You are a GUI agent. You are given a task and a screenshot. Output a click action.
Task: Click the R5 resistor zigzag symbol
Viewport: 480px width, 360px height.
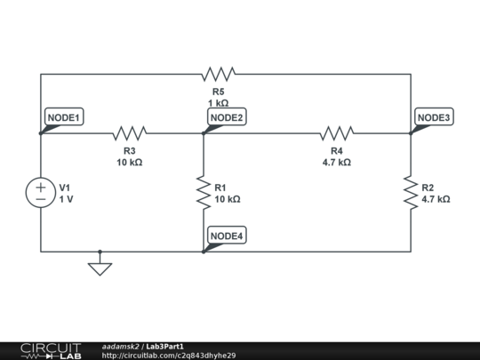tap(219, 74)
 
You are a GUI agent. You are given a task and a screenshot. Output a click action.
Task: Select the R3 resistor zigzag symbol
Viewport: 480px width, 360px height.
tap(130, 133)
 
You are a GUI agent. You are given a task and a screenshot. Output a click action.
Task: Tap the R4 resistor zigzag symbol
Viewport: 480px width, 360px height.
tap(337, 133)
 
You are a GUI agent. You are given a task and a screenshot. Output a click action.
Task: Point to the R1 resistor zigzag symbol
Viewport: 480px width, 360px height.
tap(204, 193)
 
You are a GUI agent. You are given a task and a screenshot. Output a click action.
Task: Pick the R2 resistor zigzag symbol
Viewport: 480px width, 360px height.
tap(411, 193)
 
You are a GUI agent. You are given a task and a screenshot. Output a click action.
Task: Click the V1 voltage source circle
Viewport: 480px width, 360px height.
tap(41, 193)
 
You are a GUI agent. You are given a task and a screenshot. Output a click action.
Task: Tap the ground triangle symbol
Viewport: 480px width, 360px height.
tap(100, 269)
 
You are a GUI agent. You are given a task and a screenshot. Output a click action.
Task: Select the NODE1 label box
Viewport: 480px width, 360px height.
tap(64, 116)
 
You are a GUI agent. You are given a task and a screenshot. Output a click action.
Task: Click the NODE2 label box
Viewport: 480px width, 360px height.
tap(227, 116)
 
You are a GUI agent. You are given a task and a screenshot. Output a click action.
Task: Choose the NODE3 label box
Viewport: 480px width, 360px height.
tap(434, 116)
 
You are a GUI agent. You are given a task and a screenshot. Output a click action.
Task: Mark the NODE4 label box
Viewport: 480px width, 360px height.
tap(227, 235)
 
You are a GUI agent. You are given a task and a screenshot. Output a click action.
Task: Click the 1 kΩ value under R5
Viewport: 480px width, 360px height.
tap(219, 103)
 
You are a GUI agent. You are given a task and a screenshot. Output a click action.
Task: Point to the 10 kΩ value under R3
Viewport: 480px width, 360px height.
tap(130, 163)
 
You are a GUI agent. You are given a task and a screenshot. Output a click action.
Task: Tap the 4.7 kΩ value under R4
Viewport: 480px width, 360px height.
tap(337, 163)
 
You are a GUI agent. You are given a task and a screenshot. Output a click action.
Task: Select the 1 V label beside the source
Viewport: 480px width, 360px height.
tap(66, 199)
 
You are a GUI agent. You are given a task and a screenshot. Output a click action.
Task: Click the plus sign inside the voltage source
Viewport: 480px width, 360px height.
tap(41, 188)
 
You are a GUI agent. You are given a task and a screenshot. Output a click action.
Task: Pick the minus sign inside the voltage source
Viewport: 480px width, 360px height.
tap(41, 199)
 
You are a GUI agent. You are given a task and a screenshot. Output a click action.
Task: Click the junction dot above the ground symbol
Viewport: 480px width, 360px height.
tap(100, 252)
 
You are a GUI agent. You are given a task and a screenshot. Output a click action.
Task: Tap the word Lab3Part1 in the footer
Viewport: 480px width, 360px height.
tap(164, 347)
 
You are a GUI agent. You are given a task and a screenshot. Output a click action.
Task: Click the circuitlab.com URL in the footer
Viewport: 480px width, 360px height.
tap(169, 356)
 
